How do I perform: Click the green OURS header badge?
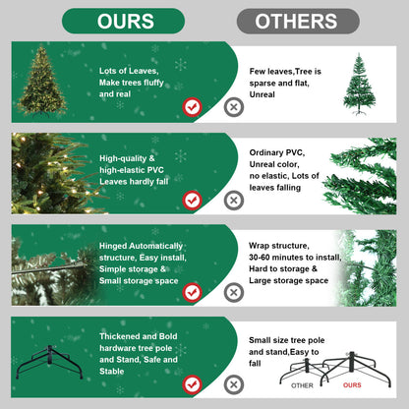(x=123, y=21)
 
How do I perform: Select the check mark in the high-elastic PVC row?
(x=193, y=200)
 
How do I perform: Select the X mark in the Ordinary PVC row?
(x=234, y=200)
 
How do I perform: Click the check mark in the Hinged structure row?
(x=193, y=292)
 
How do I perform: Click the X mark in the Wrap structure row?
(x=234, y=292)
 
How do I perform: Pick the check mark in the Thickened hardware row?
(x=193, y=383)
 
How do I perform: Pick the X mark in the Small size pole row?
(x=234, y=383)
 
